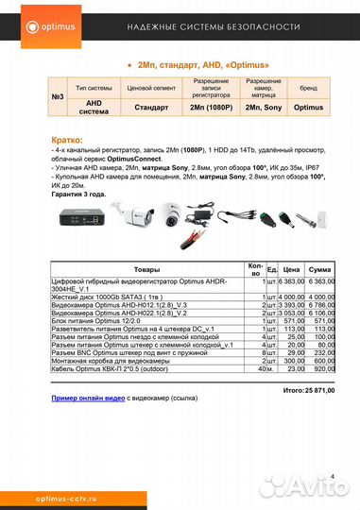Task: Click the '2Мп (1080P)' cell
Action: [x=211, y=108]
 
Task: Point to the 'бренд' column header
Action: [x=308, y=87]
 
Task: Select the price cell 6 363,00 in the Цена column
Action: [x=291, y=281]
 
